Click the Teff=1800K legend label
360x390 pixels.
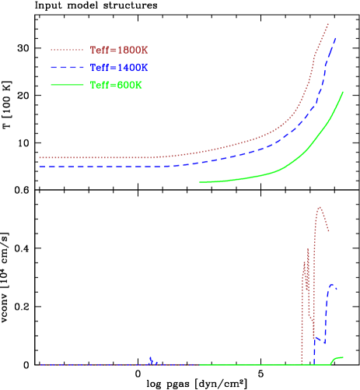pos(119,51)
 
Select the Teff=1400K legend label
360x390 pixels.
pos(119,68)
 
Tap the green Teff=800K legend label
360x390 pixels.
pos(117,85)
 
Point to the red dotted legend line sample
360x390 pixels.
pos(67,51)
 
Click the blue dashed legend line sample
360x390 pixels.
pos(67,68)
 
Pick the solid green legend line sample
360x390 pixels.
pos(67,85)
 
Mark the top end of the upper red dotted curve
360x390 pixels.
pos(328,24)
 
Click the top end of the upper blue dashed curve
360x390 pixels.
pos(336,37)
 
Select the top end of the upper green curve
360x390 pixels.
pos(343,92)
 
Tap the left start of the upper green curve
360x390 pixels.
pos(200,182)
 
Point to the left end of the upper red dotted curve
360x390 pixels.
pos(40,157)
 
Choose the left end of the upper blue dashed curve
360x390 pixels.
pos(40,167)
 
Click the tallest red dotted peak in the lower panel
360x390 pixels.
pos(320,207)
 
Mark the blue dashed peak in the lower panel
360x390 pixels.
pos(333,284)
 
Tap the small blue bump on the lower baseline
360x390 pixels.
pos(152,358)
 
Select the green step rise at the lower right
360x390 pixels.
pos(336,359)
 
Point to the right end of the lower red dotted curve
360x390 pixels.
pos(329,231)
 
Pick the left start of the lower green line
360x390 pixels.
pos(201,364)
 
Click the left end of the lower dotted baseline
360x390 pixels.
pos(40,364)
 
